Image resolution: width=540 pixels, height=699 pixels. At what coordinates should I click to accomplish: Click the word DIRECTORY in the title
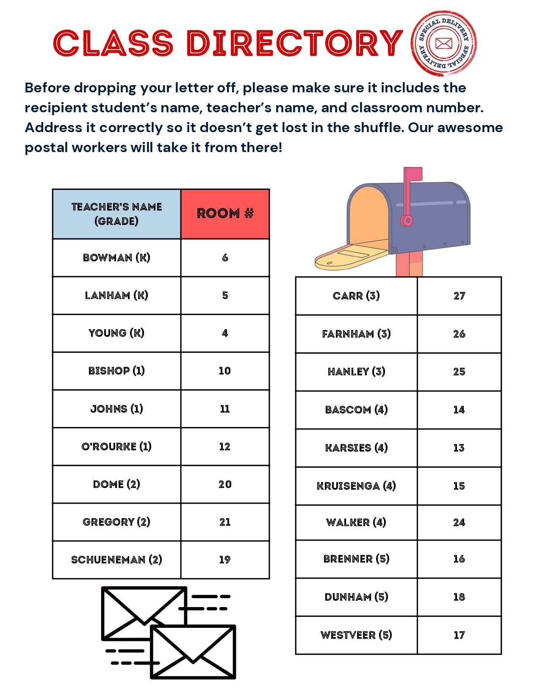click(294, 43)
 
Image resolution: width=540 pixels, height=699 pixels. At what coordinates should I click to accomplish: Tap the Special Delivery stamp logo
click(443, 43)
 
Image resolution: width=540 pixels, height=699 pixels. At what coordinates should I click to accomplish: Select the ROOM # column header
click(225, 214)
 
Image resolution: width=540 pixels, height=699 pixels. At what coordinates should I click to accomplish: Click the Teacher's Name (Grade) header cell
click(116, 214)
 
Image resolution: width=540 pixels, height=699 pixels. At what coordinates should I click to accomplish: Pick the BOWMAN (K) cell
click(116, 258)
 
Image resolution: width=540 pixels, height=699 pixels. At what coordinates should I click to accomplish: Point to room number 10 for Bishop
click(224, 371)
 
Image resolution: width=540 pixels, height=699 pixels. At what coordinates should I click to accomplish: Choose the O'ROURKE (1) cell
click(116, 447)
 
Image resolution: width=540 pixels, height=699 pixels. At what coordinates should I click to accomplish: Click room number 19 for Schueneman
click(224, 560)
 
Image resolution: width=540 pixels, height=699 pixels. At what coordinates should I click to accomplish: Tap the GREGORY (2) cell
click(116, 522)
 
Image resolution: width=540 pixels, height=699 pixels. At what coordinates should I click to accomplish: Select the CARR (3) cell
click(356, 296)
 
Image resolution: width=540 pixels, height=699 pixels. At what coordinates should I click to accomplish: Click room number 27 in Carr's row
click(459, 296)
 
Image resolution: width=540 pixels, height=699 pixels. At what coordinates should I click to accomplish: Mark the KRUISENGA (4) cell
click(356, 486)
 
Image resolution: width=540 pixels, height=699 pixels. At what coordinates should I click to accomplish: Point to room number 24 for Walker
click(459, 522)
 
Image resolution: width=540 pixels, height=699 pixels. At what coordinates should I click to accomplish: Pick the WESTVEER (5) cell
click(356, 635)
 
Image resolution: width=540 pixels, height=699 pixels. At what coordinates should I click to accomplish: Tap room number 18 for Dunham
click(459, 597)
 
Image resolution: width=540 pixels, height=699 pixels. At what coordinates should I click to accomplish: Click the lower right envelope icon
click(193, 652)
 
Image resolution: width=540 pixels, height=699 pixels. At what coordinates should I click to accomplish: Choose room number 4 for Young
click(224, 333)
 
